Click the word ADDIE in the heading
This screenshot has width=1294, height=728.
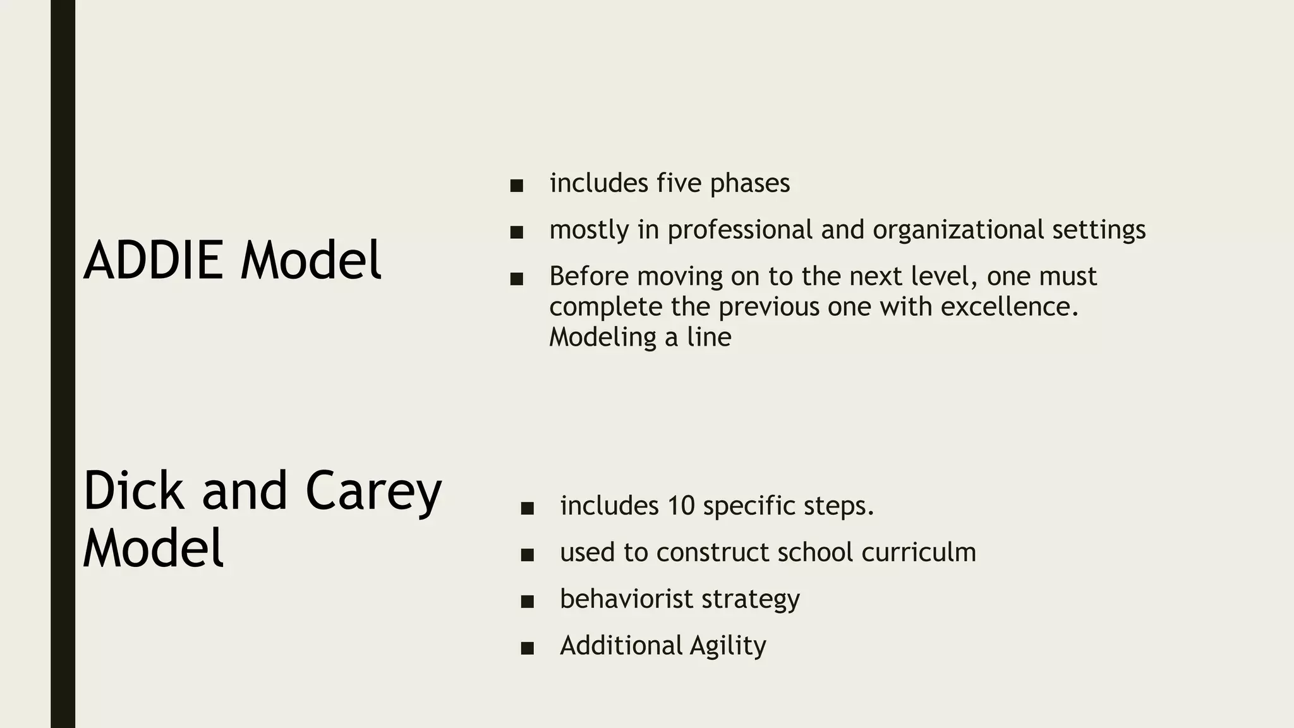coord(154,260)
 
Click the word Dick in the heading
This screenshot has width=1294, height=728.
coord(134,490)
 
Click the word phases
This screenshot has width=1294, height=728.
coord(749,184)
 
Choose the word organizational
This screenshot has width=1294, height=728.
coord(958,229)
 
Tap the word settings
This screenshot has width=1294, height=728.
coord(1099,230)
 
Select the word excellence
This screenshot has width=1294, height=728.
coord(1009,306)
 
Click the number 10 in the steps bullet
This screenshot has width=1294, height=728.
coord(680,506)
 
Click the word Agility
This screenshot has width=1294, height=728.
coord(728,646)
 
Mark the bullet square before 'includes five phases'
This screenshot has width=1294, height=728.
coord(517,186)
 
